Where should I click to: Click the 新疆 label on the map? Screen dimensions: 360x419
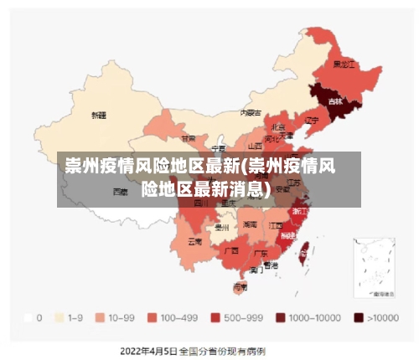[x=99, y=115]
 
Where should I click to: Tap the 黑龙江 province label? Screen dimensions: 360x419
[x=344, y=64]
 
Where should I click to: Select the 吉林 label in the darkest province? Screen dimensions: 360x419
[x=335, y=101]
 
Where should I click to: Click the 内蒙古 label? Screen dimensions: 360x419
[x=251, y=111]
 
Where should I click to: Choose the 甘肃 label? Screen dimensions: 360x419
[x=189, y=138]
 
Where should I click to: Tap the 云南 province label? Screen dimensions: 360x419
[x=194, y=241]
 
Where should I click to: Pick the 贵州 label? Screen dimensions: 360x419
[x=222, y=227]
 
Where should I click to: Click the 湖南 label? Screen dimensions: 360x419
[x=250, y=224]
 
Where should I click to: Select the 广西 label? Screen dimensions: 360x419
[x=233, y=250]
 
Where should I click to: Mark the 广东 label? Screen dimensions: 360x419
[x=261, y=253]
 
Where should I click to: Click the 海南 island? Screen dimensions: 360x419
[x=241, y=287]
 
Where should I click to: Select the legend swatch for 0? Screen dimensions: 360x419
[x=28, y=318]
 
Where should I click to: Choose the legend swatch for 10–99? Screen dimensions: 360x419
[x=100, y=318]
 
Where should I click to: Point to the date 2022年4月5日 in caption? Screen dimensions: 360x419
[x=148, y=349]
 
